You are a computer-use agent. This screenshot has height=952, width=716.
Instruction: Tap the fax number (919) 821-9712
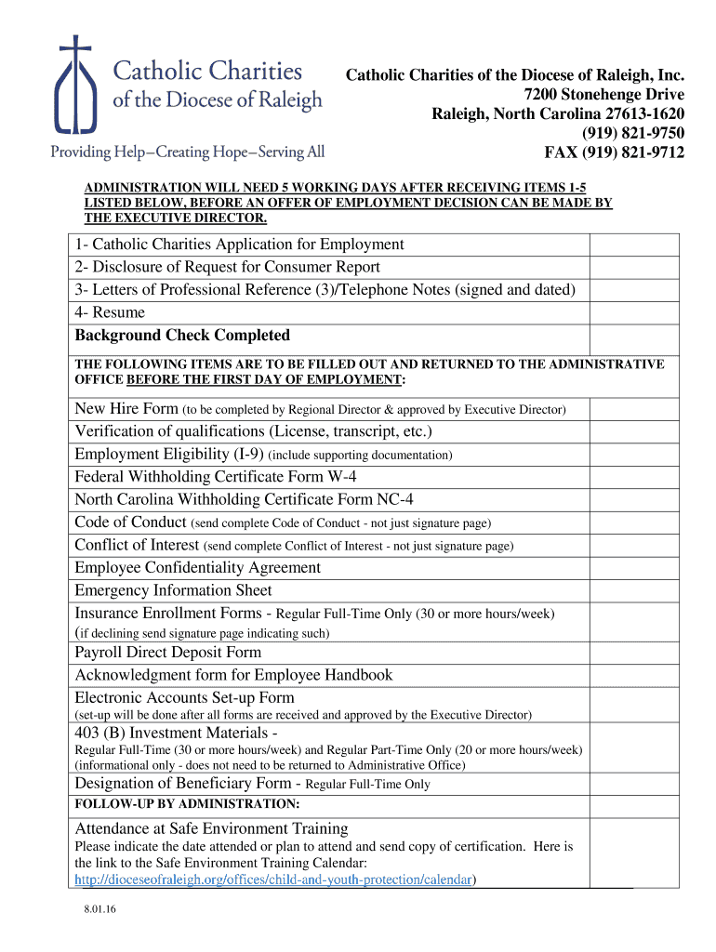[614, 152]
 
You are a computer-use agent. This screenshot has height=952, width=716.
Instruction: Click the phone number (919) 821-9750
[633, 134]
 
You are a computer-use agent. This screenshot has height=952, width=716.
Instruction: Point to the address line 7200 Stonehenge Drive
[604, 95]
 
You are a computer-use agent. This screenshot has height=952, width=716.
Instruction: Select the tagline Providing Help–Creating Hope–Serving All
[187, 152]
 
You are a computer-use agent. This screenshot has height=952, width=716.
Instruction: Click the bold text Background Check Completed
[182, 336]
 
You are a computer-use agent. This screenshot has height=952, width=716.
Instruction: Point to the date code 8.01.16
[98, 912]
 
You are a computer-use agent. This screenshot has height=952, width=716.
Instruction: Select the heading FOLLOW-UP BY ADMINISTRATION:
[187, 803]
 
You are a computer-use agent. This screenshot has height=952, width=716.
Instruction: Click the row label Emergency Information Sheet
[173, 590]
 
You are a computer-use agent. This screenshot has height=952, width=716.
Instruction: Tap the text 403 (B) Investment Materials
[177, 734]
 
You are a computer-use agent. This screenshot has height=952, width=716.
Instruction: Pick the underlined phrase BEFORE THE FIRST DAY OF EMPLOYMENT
[264, 380]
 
